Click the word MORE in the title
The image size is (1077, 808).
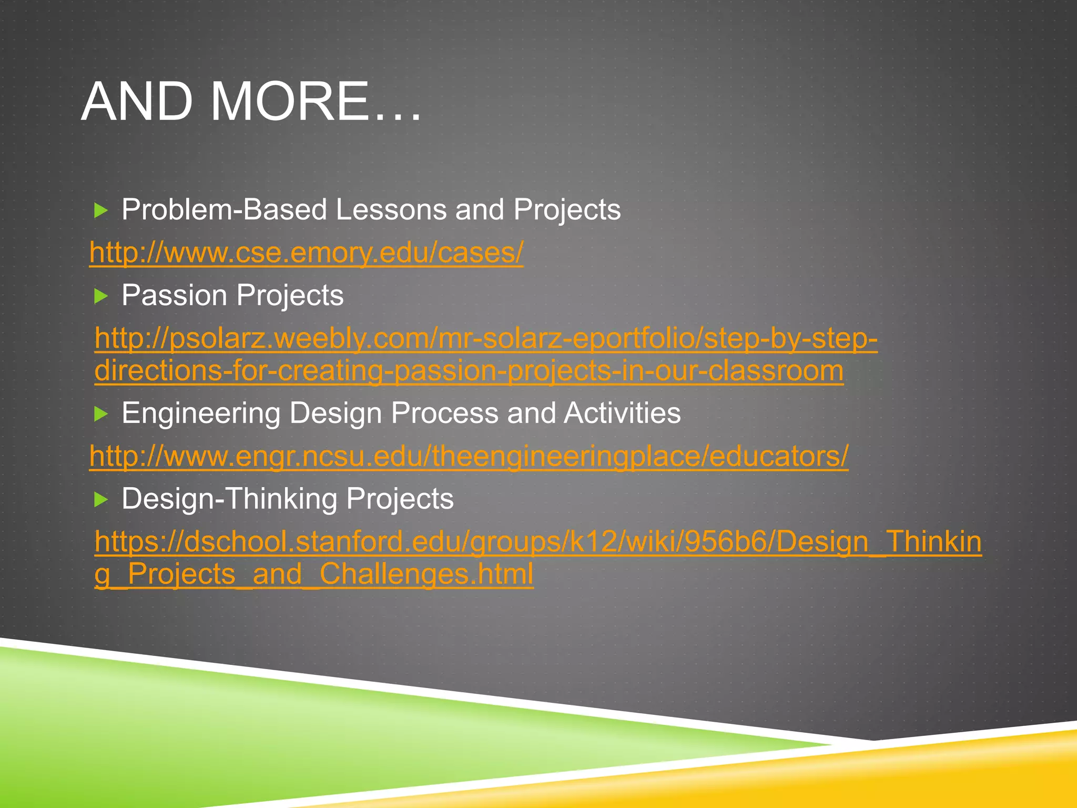[289, 102]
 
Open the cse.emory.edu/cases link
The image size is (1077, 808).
[306, 252]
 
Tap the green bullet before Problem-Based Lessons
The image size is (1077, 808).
[100, 211]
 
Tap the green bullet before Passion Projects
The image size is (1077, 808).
[100, 297]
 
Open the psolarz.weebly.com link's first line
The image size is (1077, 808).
[486, 338]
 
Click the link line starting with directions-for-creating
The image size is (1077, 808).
[469, 371]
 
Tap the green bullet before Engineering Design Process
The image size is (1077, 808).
[100, 415]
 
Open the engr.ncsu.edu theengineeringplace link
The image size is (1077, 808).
[469, 456]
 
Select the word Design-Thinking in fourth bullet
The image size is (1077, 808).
[229, 499]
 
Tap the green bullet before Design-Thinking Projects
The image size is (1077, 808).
[100, 500]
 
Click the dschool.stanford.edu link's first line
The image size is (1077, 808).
[537, 542]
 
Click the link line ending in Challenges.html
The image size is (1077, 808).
[314, 574]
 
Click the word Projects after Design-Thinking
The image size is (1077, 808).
[400, 499]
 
